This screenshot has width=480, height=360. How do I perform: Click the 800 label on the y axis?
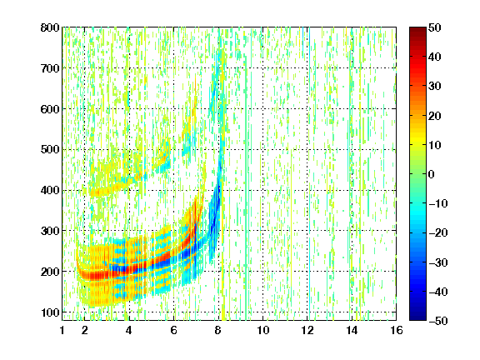50,27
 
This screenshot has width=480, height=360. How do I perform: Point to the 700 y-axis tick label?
50,68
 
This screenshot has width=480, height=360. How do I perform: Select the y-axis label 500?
50,150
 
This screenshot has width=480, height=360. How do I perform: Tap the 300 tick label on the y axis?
50,231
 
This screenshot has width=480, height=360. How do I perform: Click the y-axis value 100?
50,312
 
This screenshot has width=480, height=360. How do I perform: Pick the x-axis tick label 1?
62,330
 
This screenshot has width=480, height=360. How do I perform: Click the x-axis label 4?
129,330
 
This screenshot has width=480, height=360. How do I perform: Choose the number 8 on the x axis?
218,330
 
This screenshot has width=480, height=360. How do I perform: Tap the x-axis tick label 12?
307,330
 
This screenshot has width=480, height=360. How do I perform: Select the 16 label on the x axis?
397,330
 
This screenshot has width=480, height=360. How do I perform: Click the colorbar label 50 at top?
435,27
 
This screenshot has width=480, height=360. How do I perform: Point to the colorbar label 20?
435,116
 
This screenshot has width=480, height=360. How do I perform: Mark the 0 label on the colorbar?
432,174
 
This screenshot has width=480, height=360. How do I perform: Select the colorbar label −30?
438,262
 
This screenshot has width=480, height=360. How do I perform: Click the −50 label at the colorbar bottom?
438,321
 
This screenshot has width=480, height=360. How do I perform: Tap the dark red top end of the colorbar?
417,29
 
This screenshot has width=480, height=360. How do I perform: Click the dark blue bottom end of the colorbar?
417,318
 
